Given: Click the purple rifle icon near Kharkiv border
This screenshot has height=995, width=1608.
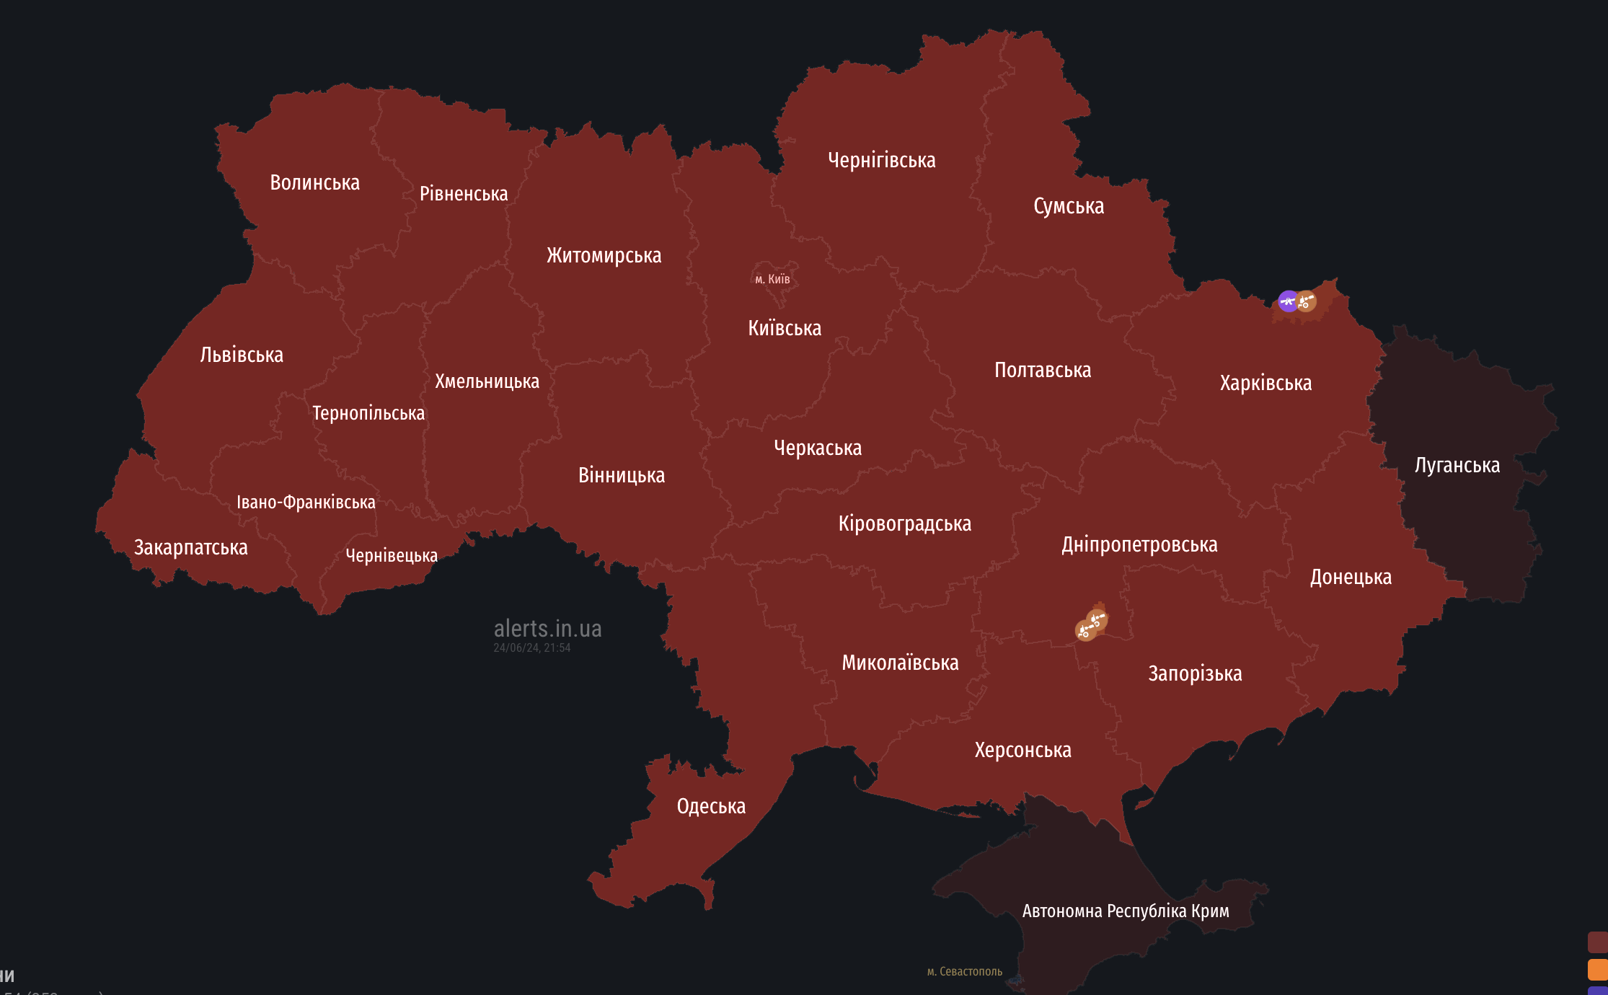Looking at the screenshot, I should [x=1287, y=301].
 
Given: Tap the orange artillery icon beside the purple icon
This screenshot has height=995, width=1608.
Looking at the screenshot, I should [x=1306, y=301].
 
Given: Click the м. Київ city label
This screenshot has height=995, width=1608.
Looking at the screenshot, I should [x=772, y=279].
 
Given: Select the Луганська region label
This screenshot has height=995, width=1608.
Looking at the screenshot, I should [x=1457, y=465].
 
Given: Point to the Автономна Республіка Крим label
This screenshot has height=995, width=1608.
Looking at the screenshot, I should [x=1125, y=911].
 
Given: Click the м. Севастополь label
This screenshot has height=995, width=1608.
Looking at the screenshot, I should [x=964, y=971].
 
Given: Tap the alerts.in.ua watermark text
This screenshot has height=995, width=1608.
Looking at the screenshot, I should [x=547, y=628].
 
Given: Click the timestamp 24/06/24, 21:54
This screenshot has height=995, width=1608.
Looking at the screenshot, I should [x=531, y=647].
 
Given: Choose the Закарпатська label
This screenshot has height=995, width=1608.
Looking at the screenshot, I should [x=190, y=547].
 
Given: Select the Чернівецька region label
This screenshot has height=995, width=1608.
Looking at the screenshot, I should [x=392, y=555].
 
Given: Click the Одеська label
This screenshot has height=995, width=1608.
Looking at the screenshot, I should [x=711, y=805].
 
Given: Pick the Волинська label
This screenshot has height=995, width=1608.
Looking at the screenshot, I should [x=314, y=182].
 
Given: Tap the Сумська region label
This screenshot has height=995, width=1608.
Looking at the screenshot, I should [x=1068, y=205].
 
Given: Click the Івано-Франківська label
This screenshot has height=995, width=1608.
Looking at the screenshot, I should [x=306, y=502].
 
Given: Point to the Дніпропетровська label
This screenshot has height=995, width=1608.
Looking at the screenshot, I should [x=1139, y=544].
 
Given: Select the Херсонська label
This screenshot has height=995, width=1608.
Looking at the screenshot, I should [x=1022, y=750].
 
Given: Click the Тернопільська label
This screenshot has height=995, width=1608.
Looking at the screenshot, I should [x=368, y=412].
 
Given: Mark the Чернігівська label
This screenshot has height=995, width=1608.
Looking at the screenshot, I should [x=881, y=159].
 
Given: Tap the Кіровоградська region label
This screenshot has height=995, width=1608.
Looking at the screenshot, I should [x=904, y=523].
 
